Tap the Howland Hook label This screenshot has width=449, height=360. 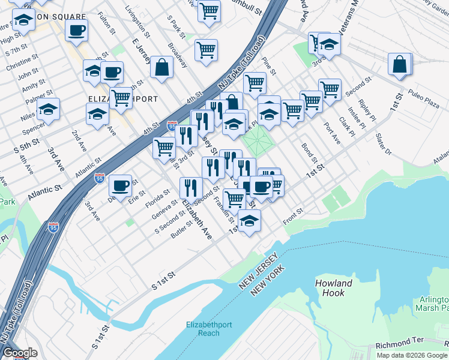pos(333,288)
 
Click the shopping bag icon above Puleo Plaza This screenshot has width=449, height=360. pos(400,65)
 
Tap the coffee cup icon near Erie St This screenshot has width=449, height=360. pos(121,185)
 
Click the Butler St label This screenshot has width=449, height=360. pos(181,231)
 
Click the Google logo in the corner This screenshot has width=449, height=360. pos(19,353)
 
